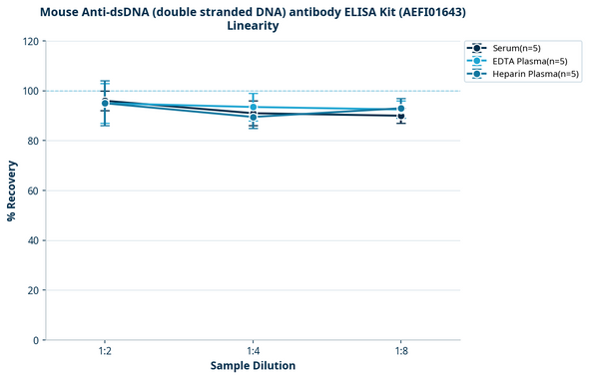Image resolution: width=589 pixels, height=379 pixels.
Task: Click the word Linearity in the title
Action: (x=253, y=26)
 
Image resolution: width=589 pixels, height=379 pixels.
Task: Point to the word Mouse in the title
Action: (x=63, y=11)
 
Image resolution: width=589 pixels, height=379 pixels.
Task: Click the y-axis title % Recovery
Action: (x=12, y=190)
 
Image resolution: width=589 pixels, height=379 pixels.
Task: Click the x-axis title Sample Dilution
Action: (x=253, y=366)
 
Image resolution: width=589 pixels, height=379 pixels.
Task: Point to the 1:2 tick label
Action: (x=105, y=352)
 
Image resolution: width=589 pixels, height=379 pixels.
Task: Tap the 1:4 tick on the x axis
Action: (x=253, y=352)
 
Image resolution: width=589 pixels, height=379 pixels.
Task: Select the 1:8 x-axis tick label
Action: (x=400, y=352)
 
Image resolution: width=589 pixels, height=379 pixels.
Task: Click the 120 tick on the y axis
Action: (x=30, y=42)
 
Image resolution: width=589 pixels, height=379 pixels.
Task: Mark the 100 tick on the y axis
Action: (x=30, y=92)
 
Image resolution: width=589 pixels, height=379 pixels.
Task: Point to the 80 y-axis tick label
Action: (x=33, y=142)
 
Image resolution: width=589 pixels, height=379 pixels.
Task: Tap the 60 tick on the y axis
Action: (x=33, y=191)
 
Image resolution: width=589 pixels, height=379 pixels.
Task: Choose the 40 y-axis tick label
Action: (x=33, y=240)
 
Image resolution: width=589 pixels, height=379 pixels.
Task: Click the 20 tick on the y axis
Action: (x=33, y=290)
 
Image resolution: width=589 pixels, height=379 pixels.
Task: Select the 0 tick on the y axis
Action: (x=36, y=340)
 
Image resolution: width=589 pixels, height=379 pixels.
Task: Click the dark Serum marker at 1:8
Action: (x=400, y=116)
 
